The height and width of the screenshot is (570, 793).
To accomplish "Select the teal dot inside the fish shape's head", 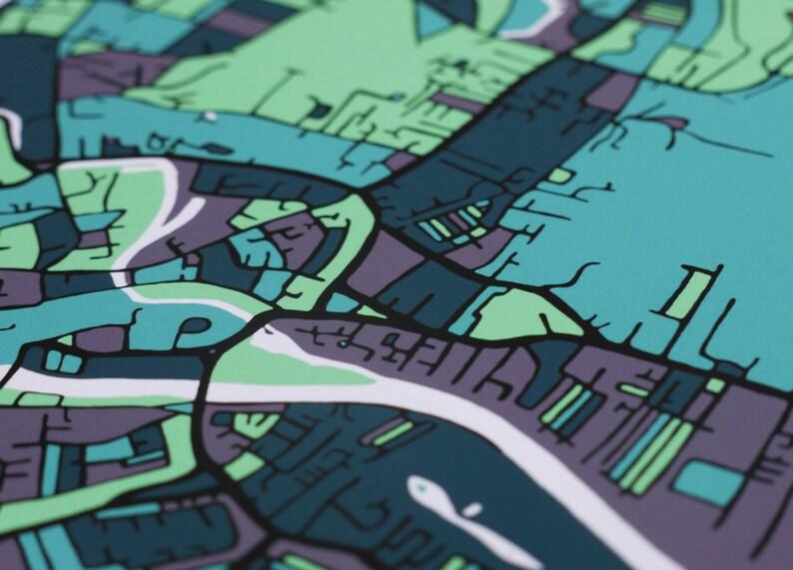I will [x=419, y=488].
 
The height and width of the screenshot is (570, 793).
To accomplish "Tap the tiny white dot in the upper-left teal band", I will [x=211, y=117].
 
